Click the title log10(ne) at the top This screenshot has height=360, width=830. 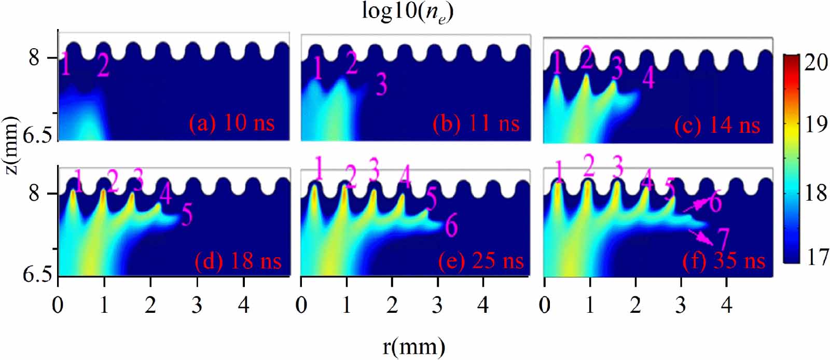point(408,11)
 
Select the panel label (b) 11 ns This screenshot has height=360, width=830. point(476,124)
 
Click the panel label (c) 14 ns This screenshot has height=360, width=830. point(717,126)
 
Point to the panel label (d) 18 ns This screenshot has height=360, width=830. point(238,260)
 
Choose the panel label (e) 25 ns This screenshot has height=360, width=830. point(481,261)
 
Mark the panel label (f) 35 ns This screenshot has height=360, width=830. point(724,260)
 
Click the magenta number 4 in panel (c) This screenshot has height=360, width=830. point(648,78)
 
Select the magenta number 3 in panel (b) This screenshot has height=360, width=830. point(381,84)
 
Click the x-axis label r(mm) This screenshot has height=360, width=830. point(414,345)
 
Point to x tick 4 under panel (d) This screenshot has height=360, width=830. point(243,305)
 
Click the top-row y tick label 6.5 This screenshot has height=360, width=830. point(39,136)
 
